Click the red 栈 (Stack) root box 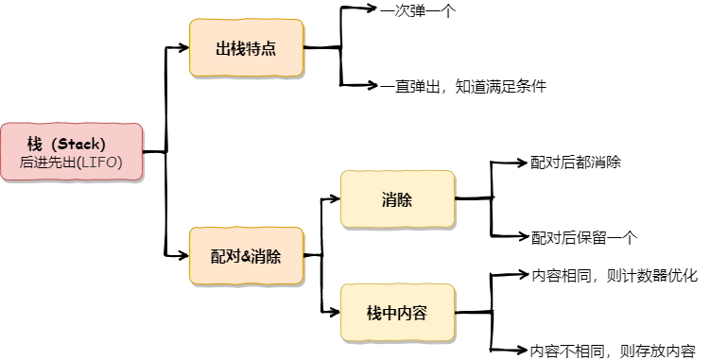pyautogui.click(x=72, y=152)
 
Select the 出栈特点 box pyautogui.click(x=246, y=47)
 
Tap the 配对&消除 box pyautogui.click(x=246, y=256)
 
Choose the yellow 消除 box pyautogui.click(x=397, y=199)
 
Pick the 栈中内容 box pyautogui.click(x=397, y=313)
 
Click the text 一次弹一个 pyautogui.click(x=418, y=11)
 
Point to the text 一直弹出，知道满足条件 pyautogui.click(x=463, y=86)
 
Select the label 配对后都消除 pyautogui.click(x=576, y=163)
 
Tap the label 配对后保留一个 pyautogui.click(x=584, y=237)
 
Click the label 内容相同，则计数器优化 pyautogui.click(x=615, y=275)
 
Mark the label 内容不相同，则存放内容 pyautogui.click(x=614, y=351)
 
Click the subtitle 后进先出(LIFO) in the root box pyautogui.click(x=71, y=163)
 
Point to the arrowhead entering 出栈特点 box pyautogui.click(x=182, y=47)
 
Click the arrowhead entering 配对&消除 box pyautogui.click(x=182, y=255)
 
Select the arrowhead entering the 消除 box pyautogui.click(x=335, y=198)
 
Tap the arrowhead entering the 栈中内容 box pyautogui.click(x=335, y=312)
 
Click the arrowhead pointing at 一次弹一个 pyautogui.click(x=372, y=8)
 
